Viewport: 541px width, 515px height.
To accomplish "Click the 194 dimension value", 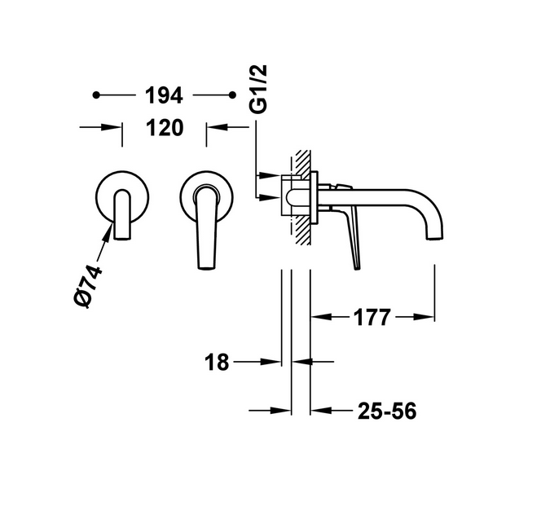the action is point(164,95).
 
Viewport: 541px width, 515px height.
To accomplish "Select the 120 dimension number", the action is point(165,128).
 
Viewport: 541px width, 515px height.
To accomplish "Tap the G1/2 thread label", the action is point(259,89).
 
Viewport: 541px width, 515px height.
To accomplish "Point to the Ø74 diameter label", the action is point(88,286).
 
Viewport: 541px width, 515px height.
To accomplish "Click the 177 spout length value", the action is point(372,317).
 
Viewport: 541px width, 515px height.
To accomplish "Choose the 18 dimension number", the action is point(217,363).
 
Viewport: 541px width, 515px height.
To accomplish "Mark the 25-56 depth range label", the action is point(387,411).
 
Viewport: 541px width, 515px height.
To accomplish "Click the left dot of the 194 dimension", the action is point(96,95).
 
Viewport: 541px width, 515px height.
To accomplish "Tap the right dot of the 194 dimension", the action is point(232,95).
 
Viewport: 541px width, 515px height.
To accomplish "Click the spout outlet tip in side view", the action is point(435,238).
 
